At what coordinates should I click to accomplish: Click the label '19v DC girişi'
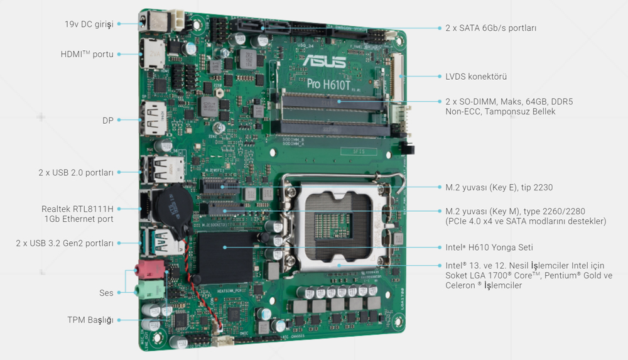pos(89,24)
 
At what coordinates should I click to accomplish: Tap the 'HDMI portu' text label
pos(87,54)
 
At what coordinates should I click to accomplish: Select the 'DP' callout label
pos(108,120)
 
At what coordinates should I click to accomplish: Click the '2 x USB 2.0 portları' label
pos(75,172)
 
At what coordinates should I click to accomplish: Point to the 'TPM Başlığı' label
pos(90,320)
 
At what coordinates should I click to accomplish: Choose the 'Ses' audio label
pos(106,293)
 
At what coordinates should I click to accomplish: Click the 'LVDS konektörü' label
pos(476,77)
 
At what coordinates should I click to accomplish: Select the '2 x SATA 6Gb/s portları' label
pos(490,28)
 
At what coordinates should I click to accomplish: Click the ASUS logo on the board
pos(323,63)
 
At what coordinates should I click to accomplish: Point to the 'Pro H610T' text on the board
pos(330,82)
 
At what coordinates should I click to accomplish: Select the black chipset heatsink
pos(224,254)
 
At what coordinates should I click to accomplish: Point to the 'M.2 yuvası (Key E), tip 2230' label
pos(499,187)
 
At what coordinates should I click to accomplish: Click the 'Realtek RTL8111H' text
pos(77,209)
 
